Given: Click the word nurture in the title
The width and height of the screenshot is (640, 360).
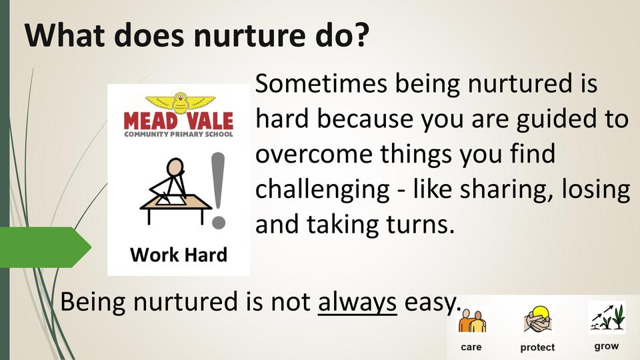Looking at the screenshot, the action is (250, 35).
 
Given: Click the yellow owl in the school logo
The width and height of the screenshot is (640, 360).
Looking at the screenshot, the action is (181, 103).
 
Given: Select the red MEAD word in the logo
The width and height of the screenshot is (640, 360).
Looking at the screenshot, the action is (151, 121).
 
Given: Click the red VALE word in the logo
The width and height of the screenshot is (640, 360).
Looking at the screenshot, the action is (210, 121).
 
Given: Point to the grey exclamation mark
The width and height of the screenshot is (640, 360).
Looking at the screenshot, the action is (219, 190).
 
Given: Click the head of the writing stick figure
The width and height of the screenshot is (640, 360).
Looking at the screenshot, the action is (175, 167).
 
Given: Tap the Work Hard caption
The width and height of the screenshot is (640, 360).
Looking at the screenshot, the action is (179, 255).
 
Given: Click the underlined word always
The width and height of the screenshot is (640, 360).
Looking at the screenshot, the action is (357, 303).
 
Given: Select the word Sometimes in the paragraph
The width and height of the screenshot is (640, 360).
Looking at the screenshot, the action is (321, 83).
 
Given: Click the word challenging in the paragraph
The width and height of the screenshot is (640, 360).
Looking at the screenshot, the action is (323, 190).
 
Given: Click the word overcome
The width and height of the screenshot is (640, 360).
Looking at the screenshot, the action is (314, 155).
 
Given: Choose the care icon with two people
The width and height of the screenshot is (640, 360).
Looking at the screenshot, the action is (472, 321).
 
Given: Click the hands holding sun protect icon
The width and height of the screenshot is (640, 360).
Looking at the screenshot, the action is (537, 319).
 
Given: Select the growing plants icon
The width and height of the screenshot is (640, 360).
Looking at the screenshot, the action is (607, 317).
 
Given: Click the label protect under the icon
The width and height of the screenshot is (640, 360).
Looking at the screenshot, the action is (537, 347).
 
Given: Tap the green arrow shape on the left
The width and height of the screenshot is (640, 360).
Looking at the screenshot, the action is (45, 247).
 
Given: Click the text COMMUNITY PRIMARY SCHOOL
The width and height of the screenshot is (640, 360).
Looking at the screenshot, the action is (179, 134).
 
